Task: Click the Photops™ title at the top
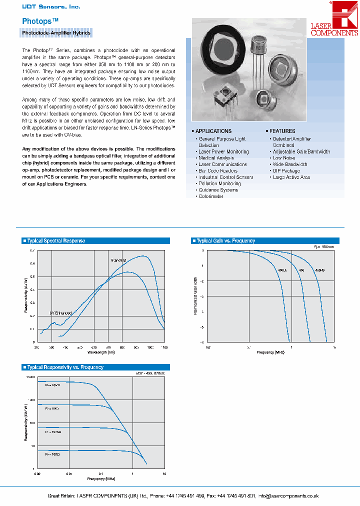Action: point(40,21)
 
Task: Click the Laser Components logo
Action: point(334,20)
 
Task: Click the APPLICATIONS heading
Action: point(213,131)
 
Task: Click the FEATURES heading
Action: point(282,131)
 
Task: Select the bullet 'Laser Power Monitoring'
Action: point(223,151)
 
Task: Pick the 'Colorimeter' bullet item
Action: point(211,196)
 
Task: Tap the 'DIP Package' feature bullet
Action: point(286,171)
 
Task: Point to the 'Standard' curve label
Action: point(118,260)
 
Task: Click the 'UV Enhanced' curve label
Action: point(60,313)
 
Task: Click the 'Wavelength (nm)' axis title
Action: point(100,352)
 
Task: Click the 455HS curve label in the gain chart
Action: point(320,270)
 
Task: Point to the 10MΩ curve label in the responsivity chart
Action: point(52,386)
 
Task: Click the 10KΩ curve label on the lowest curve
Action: point(52,454)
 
